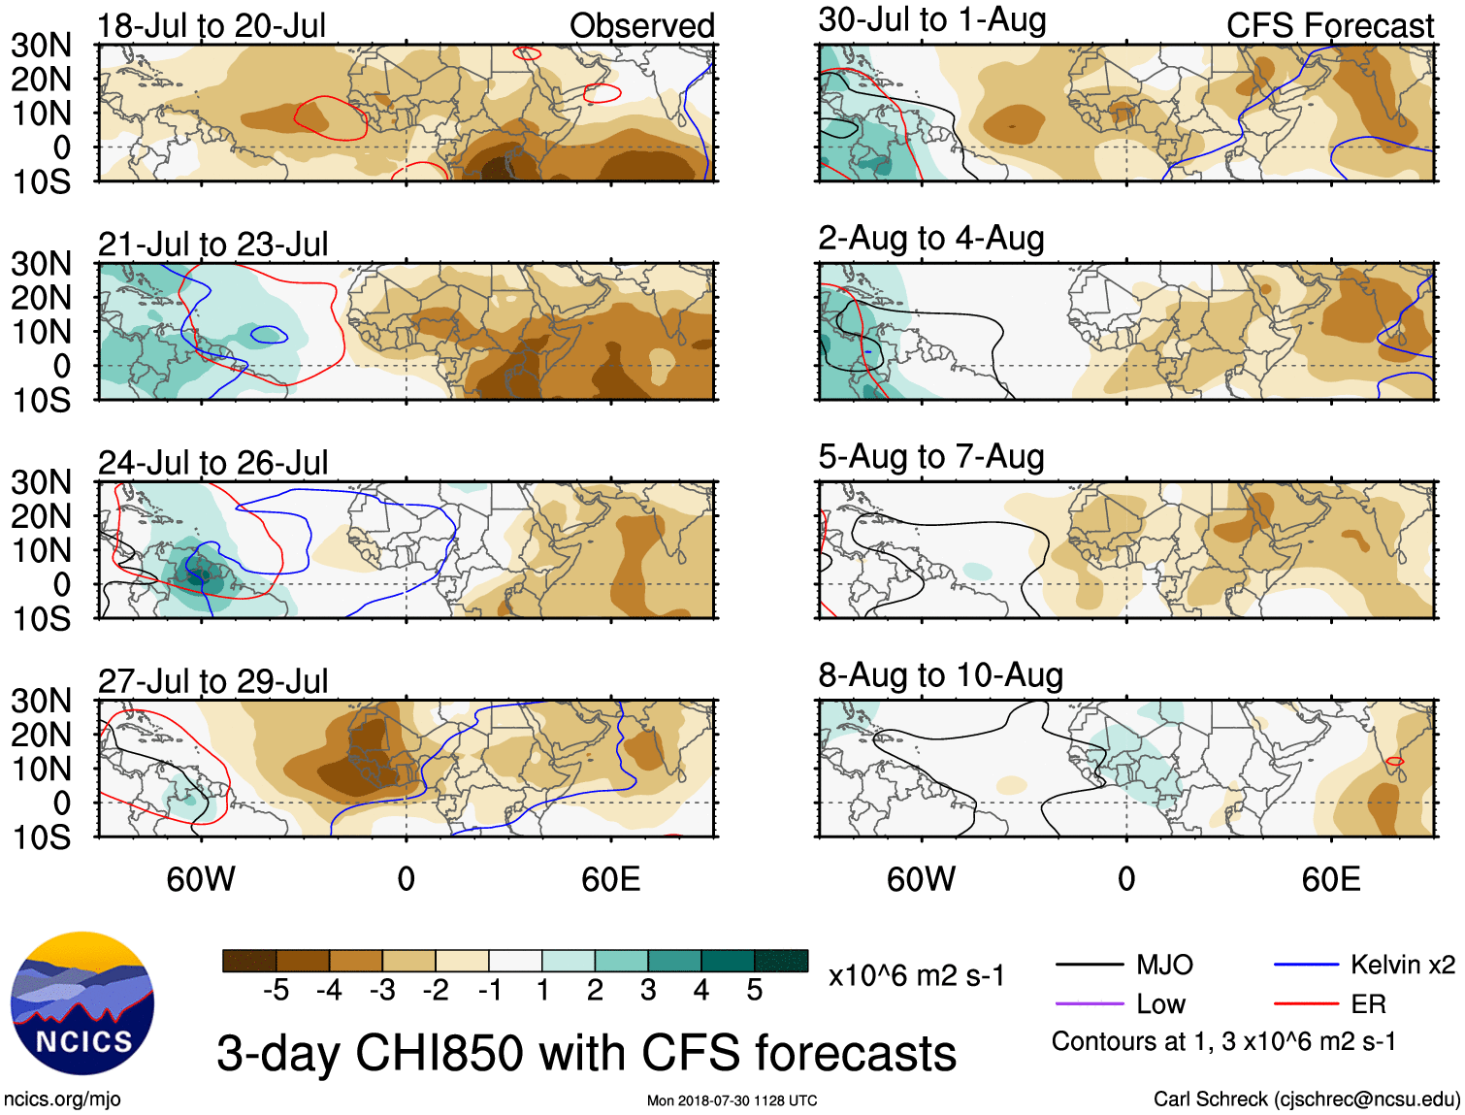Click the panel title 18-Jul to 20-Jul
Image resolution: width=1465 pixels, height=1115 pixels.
click(212, 26)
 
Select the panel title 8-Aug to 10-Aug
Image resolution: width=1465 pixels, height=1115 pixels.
click(940, 675)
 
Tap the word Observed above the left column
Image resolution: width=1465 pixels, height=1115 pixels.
click(641, 26)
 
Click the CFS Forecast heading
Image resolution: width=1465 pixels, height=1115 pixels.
click(1329, 26)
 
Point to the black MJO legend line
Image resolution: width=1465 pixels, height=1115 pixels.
click(1090, 965)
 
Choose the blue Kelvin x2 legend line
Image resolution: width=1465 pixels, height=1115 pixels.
click(1306, 965)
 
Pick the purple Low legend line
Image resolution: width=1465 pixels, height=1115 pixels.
click(1090, 1003)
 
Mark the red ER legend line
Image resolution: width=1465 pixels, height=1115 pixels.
click(1306, 1003)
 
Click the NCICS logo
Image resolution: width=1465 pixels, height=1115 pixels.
click(82, 1003)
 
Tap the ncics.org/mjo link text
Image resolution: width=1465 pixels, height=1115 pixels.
click(62, 1099)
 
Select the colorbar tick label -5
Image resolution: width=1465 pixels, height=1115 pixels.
click(276, 990)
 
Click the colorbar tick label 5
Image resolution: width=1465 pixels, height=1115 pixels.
click(755, 990)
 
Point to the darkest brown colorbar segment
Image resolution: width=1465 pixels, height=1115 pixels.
click(249, 961)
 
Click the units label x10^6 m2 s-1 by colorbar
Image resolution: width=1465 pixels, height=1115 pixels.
click(916, 975)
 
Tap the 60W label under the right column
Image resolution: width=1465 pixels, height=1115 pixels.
click(921, 879)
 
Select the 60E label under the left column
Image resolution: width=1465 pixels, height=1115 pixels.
click(610, 879)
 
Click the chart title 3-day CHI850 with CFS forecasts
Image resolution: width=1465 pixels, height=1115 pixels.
click(586, 1053)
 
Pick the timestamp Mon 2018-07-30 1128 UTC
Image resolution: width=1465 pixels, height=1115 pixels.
click(732, 1100)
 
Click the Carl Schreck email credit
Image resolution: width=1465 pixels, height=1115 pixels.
click(1306, 1099)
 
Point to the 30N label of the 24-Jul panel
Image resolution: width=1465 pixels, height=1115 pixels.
click(41, 482)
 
